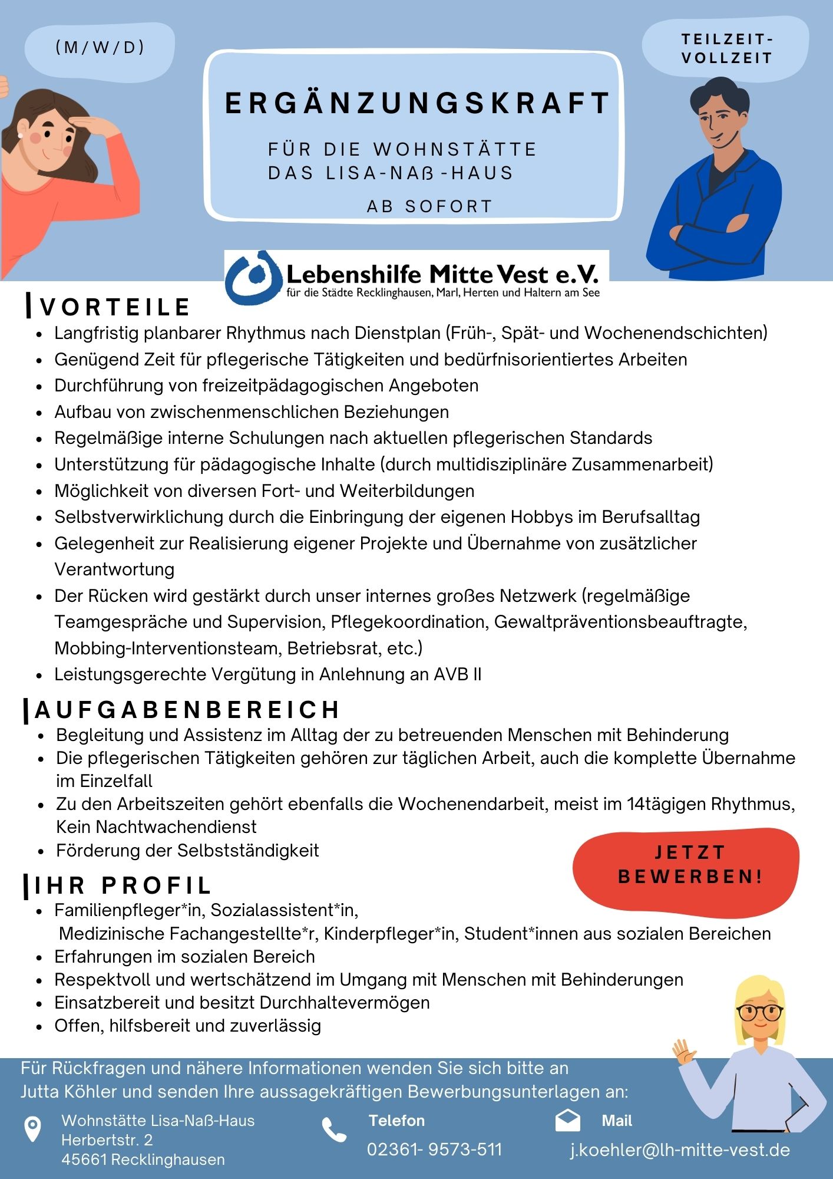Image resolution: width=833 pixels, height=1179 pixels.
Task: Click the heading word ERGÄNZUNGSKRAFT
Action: [x=416, y=103]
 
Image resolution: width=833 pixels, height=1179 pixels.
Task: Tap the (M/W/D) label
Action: [x=100, y=48]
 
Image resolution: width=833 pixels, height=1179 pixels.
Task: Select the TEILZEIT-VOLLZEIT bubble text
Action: [x=726, y=49]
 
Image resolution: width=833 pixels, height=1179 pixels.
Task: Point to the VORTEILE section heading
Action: [x=115, y=307]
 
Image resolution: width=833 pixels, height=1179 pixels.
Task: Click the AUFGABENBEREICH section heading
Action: [x=187, y=710]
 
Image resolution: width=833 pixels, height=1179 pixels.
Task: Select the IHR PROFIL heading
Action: [x=123, y=885]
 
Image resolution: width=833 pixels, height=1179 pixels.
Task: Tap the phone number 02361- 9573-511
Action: [x=434, y=1150]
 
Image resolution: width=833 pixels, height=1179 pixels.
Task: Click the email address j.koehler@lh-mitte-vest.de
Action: [x=680, y=1150]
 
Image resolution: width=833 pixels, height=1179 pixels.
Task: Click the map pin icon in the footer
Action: [x=32, y=1129]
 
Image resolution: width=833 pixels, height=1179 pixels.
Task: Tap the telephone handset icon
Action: [x=334, y=1129]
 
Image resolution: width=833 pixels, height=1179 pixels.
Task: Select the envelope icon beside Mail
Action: [x=567, y=1121]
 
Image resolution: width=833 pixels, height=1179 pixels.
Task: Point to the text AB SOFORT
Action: [x=429, y=206]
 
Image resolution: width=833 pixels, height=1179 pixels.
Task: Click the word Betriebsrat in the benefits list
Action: [x=334, y=648]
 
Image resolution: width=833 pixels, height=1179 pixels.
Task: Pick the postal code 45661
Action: [x=84, y=1160]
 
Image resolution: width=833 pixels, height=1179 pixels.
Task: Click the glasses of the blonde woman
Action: [x=759, y=1012]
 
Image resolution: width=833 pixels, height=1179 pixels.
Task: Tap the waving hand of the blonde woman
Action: [x=684, y=1051]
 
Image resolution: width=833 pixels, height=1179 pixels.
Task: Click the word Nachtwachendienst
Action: [x=176, y=827]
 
